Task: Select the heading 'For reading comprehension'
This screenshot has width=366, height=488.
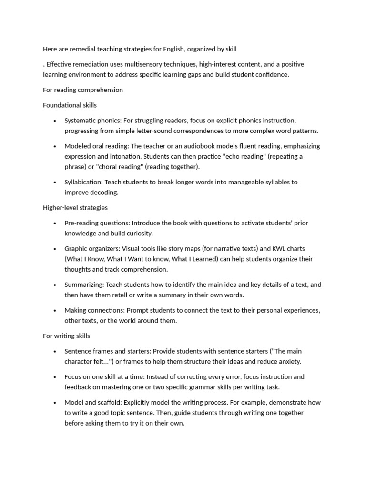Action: point(83,90)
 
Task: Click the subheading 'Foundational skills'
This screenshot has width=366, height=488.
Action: point(70,105)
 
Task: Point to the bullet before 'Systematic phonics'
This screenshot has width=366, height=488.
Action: point(55,121)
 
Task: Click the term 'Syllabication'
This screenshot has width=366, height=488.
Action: point(83,182)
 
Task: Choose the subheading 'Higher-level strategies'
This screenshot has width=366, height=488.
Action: point(75,208)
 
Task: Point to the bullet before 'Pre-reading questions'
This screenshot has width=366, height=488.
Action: point(55,223)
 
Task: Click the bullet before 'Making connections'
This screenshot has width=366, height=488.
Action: point(55,310)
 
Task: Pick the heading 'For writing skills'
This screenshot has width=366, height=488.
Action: point(66,336)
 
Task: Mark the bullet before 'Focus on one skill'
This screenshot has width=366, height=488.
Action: point(55,377)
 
